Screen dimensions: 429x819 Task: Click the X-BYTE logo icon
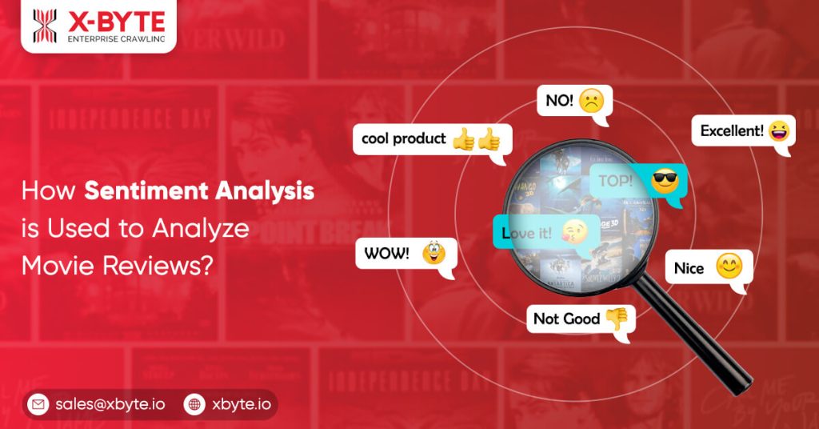(x=45, y=26)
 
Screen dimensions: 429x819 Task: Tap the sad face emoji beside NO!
(x=591, y=102)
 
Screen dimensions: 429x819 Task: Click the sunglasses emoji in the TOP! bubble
(x=664, y=181)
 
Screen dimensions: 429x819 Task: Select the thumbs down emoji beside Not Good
(x=616, y=319)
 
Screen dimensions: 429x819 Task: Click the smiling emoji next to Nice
(x=729, y=267)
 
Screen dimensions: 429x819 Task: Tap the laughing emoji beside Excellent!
(x=778, y=131)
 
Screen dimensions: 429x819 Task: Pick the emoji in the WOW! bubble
(x=434, y=254)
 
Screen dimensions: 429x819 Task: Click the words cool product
(x=403, y=138)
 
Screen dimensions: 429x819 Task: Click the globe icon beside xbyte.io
(x=194, y=405)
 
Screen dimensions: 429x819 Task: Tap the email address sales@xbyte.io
(x=110, y=405)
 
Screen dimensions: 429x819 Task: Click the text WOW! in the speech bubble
(x=386, y=254)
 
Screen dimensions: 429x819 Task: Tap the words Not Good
(x=566, y=319)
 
